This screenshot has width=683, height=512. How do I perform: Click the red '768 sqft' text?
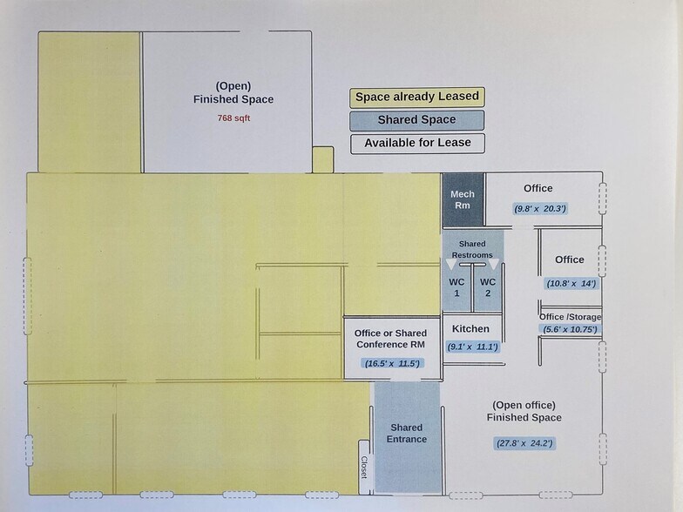pyautogui.click(x=233, y=118)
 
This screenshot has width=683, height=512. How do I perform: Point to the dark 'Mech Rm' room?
pyautogui.click(x=462, y=199)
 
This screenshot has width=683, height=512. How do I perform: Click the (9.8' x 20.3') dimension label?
pyautogui.click(x=540, y=208)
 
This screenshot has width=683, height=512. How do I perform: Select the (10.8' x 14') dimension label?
pyautogui.click(x=571, y=283)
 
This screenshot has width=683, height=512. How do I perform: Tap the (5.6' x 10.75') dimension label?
pyautogui.click(x=571, y=329)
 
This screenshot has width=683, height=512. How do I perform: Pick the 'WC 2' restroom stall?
pyautogui.click(x=488, y=287)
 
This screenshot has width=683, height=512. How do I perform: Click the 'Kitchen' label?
pyautogui.click(x=470, y=328)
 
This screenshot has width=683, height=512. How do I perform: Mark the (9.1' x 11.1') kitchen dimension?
pyautogui.click(x=472, y=347)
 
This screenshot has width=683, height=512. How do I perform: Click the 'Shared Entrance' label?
pyautogui.click(x=407, y=433)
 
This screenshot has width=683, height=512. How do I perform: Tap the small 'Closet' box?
pyautogui.click(x=364, y=468)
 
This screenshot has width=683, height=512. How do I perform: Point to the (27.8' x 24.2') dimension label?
pyautogui.click(x=524, y=443)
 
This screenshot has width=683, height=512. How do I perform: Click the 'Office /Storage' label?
pyautogui.click(x=571, y=317)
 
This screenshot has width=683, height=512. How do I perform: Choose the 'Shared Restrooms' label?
pyautogui.click(x=472, y=249)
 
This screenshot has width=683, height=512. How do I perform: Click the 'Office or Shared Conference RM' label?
pyautogui.click(x=390, y=338)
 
